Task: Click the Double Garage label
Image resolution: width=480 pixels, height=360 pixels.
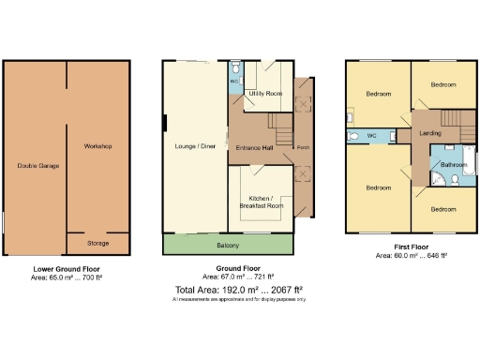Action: tap(37, 166)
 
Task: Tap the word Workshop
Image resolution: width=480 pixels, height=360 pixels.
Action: tap(97, 147)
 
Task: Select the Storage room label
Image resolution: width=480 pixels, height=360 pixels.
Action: tap(97, 243)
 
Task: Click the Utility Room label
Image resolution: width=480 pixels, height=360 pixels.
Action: tap(264, 94)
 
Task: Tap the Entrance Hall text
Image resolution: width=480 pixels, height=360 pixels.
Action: tap(253, 147)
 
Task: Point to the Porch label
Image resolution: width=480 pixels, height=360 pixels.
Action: tap(304, 147)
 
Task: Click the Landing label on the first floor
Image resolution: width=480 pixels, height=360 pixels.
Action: tap(430, 133)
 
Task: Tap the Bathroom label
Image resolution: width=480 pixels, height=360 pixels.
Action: tap(454, 166)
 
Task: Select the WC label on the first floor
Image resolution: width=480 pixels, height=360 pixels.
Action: tap(372, 137)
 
